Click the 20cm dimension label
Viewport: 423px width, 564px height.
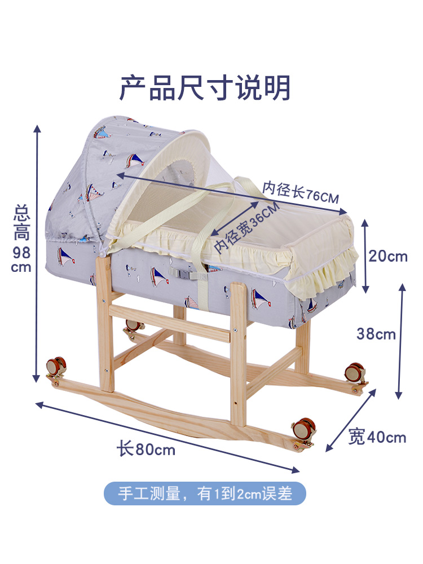point(388,256)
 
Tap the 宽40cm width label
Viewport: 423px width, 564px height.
point(377,437)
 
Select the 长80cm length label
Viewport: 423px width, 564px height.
point(146,450)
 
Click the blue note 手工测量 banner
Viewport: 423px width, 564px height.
point(205,493)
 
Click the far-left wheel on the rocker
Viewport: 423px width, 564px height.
point(55,367)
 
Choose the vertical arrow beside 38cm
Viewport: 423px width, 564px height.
point(402,341)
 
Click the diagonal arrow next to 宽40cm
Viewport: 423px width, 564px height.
point(350,420)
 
